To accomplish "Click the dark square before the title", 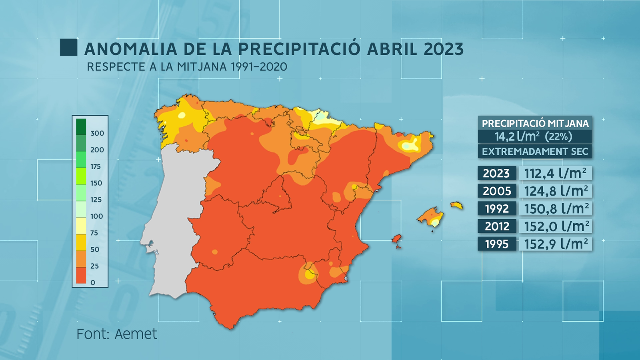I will point(68,48).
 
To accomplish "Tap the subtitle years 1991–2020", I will point(259,67).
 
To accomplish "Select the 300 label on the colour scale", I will point(97,133).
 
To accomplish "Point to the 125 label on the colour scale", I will point(96,200).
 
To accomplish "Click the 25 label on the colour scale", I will point(94,266).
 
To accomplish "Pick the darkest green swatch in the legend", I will point(81,126).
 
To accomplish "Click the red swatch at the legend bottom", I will point(81,275).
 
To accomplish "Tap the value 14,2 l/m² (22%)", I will point(534,137).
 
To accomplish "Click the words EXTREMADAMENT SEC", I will point(535,152).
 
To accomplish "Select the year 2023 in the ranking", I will point(496,174).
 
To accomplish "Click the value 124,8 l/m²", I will point(556,191).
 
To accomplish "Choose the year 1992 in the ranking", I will point(496,209).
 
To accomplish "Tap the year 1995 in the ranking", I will point(496,244).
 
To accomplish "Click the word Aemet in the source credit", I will point(136,334).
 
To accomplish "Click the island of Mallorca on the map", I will point(431,217).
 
